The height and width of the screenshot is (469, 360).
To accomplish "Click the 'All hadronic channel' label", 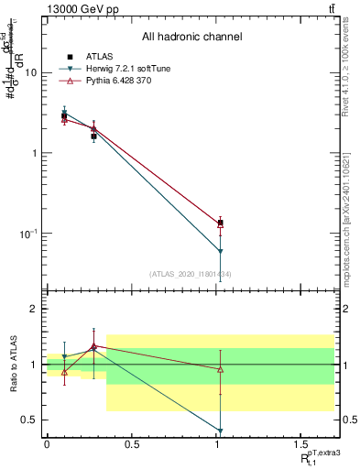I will pyautogui.click(x=191, y=38).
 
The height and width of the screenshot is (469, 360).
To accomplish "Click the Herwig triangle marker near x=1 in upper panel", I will pyautogui.click(x=220, y=251).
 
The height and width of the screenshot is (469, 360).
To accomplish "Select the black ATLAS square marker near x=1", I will pyautogui.click(x=220, y=223).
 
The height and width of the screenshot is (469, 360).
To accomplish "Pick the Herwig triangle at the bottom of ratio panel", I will pyautogui.click(x=220, y=431).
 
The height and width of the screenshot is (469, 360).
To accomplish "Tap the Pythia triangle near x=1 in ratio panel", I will pyautogui.click(x=220, y=369).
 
